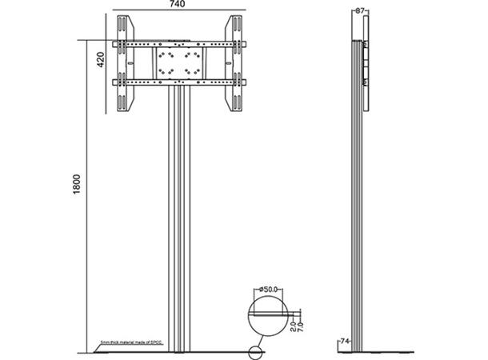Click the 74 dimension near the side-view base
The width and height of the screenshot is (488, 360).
(x=345, y=340)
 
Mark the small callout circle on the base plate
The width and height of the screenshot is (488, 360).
(x=257, y=350)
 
